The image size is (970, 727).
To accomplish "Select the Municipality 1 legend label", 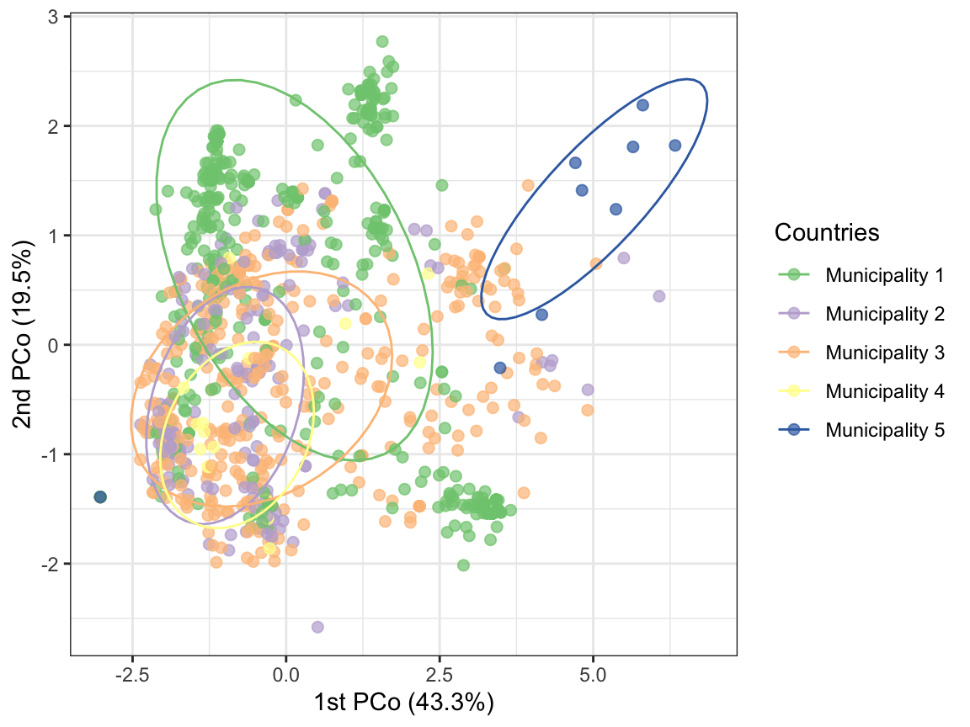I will pos(885,274).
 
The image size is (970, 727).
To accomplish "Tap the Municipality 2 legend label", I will pos(885,314).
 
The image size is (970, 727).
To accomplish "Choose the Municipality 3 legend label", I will pos(885,353).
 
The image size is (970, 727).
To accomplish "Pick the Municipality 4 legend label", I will pos(885,391).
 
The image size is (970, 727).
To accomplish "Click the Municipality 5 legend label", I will pos(885,430).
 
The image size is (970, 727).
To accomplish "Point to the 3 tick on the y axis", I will pos(52,17).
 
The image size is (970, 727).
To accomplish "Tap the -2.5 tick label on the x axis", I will pos(132,675).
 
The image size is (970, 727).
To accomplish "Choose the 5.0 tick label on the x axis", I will pos(593,675).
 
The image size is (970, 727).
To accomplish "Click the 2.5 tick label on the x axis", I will pos(440,675).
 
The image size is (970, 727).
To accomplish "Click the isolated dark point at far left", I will pos(100,497).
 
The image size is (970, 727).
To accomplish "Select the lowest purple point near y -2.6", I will pos(317,627).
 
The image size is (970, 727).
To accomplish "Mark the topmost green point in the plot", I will pos(382,41).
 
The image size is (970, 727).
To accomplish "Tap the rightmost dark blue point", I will pos(674,146).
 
